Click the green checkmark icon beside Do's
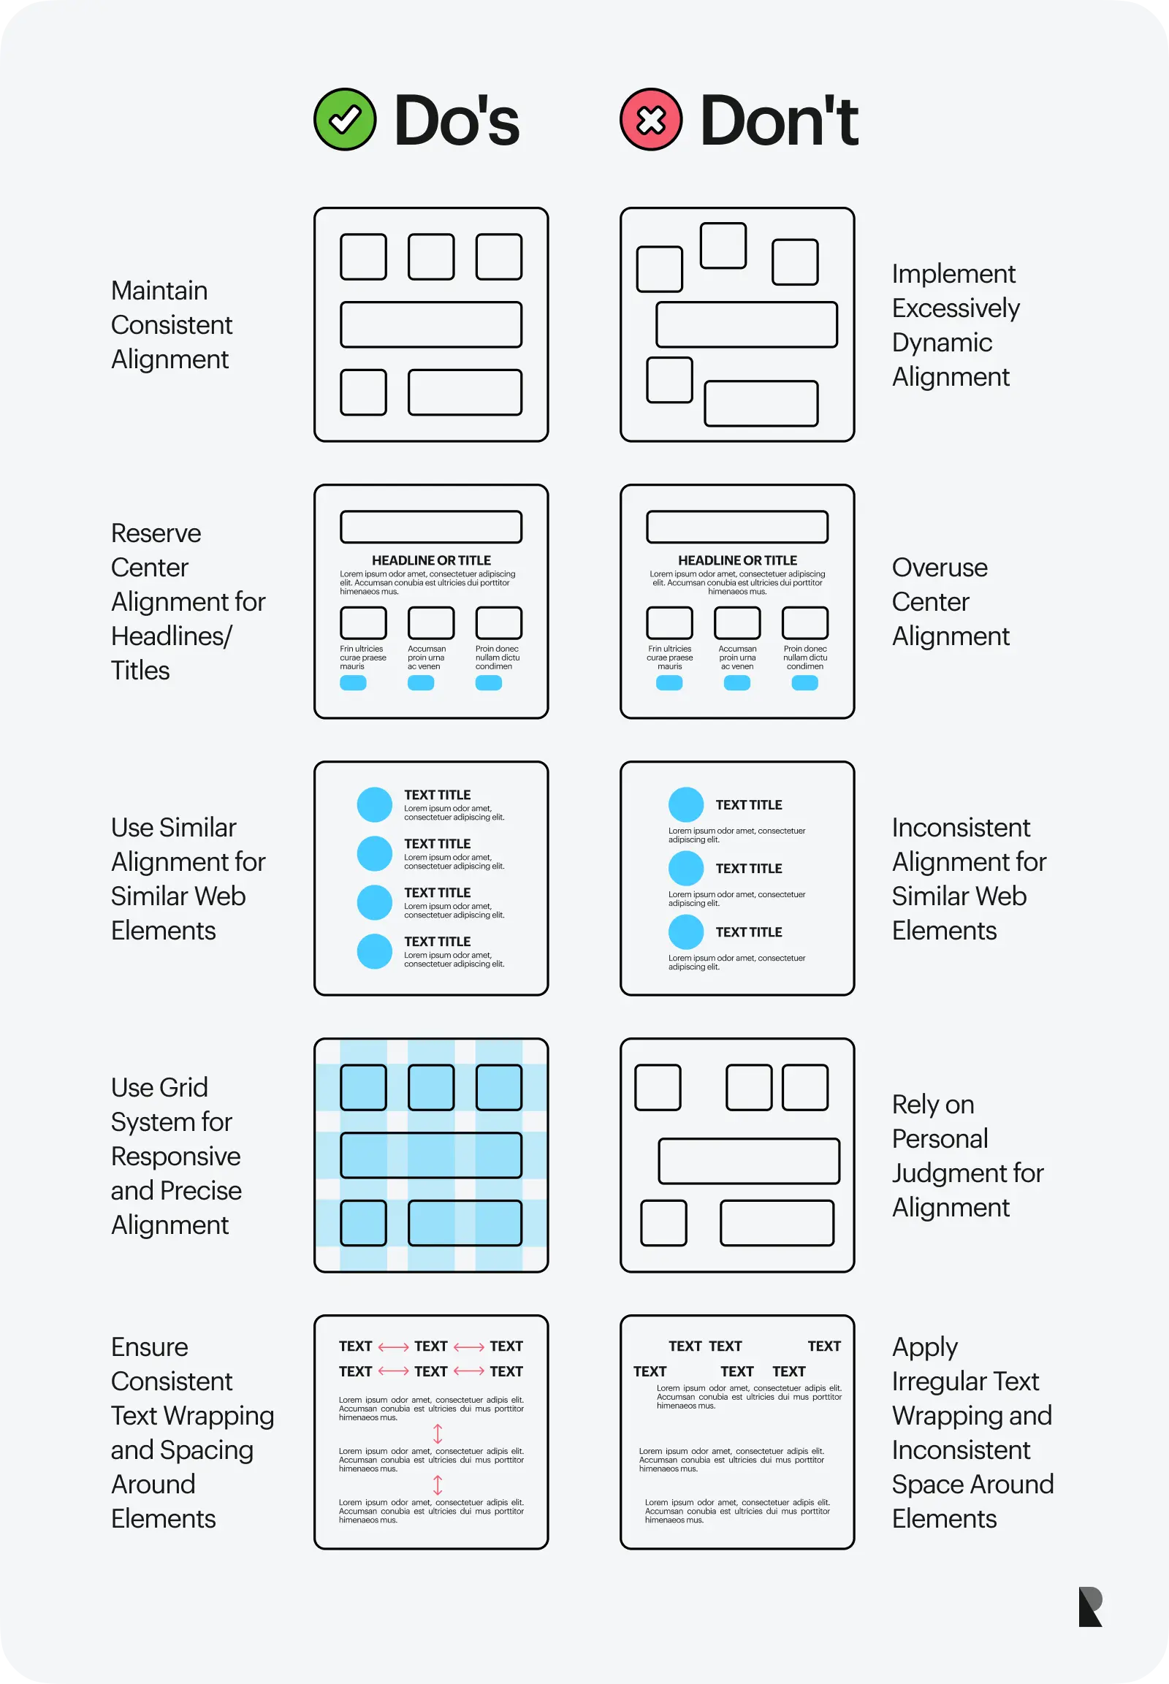point(345,119)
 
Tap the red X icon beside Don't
point(651,119)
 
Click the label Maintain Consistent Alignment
point(172,324)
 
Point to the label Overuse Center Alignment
point(950,601)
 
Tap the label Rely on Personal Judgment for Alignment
point(967,1155)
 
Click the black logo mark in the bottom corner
point(1090,1607)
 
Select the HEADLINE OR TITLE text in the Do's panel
point(430,560)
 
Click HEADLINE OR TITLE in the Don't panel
point(737,560)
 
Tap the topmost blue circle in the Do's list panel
point(374,804)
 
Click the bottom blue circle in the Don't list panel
point(685,931)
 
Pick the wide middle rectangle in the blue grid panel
point(430,1155)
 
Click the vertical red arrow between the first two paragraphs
point(437,1433)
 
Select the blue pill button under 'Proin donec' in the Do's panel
point(489,682)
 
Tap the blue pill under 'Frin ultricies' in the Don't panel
point(669,682)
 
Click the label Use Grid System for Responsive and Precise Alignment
point(176,1155)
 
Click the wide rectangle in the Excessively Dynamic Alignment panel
point(747,324)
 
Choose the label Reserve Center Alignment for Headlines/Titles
point(188,601)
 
